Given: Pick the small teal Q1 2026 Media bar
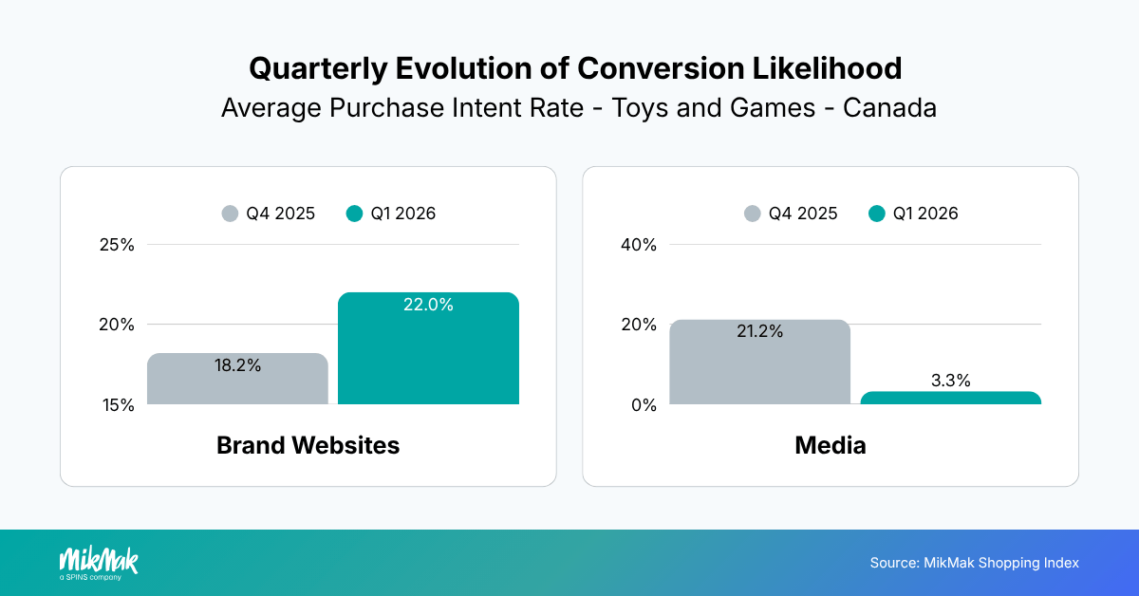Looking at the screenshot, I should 950,398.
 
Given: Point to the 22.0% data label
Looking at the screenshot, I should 428,306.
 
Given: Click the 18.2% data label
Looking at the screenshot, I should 237,365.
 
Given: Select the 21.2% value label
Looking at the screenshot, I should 759,332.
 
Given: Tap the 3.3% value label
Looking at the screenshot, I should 950,382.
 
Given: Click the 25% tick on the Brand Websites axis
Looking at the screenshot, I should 117,245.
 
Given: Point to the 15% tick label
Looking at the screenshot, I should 117,405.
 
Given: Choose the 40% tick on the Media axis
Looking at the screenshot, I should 639,245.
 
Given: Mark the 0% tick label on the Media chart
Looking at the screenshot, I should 644,405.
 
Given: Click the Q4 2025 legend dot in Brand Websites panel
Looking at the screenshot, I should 230,214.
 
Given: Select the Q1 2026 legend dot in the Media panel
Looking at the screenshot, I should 877,214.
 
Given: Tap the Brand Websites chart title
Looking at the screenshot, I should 308,445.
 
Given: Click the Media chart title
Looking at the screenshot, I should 831,445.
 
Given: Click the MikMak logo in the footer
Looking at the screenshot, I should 99,562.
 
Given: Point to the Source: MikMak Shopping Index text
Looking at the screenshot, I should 974,563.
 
